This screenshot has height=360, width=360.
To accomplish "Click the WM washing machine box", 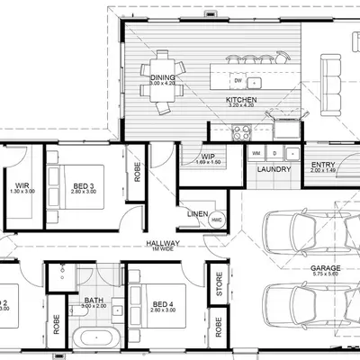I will coord(256,153).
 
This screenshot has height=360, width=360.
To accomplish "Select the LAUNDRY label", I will coord(272,169).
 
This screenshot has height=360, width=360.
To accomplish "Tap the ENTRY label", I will coord(322,164).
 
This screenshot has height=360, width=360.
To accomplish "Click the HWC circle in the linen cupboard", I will coord(217,219).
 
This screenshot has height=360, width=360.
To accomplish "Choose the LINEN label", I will coord(197,213).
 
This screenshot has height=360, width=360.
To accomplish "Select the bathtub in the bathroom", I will coord(94,339).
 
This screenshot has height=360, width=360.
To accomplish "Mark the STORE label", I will coord(217,289).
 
